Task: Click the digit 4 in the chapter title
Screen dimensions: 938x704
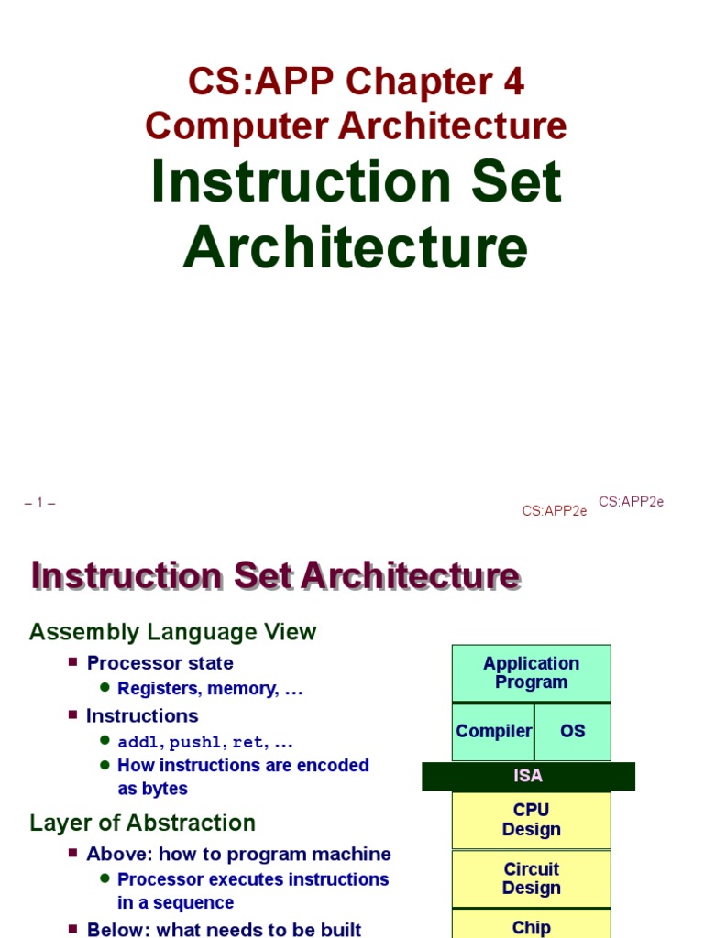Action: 511,82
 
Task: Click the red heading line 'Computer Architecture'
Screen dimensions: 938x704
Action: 356,126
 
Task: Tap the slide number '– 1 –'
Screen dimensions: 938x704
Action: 40,503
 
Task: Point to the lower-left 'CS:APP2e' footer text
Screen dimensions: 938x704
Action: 555,511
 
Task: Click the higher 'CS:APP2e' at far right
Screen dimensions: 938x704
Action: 631,501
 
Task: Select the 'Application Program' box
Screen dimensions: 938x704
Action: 531,673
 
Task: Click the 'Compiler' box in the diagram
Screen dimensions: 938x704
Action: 493,731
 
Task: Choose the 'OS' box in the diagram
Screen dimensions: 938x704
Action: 572,731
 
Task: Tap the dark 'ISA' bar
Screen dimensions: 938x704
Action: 528,776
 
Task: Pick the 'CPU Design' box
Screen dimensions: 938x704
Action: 531,820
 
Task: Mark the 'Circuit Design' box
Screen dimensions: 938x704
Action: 531,878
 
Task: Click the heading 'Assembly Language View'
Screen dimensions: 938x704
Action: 173,632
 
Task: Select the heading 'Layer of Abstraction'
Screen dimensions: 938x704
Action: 142,823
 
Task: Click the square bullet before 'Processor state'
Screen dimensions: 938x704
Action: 73,661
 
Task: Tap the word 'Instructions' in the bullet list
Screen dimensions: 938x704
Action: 142,715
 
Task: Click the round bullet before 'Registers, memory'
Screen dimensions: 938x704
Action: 104,687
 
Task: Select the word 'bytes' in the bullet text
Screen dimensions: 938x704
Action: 165,789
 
